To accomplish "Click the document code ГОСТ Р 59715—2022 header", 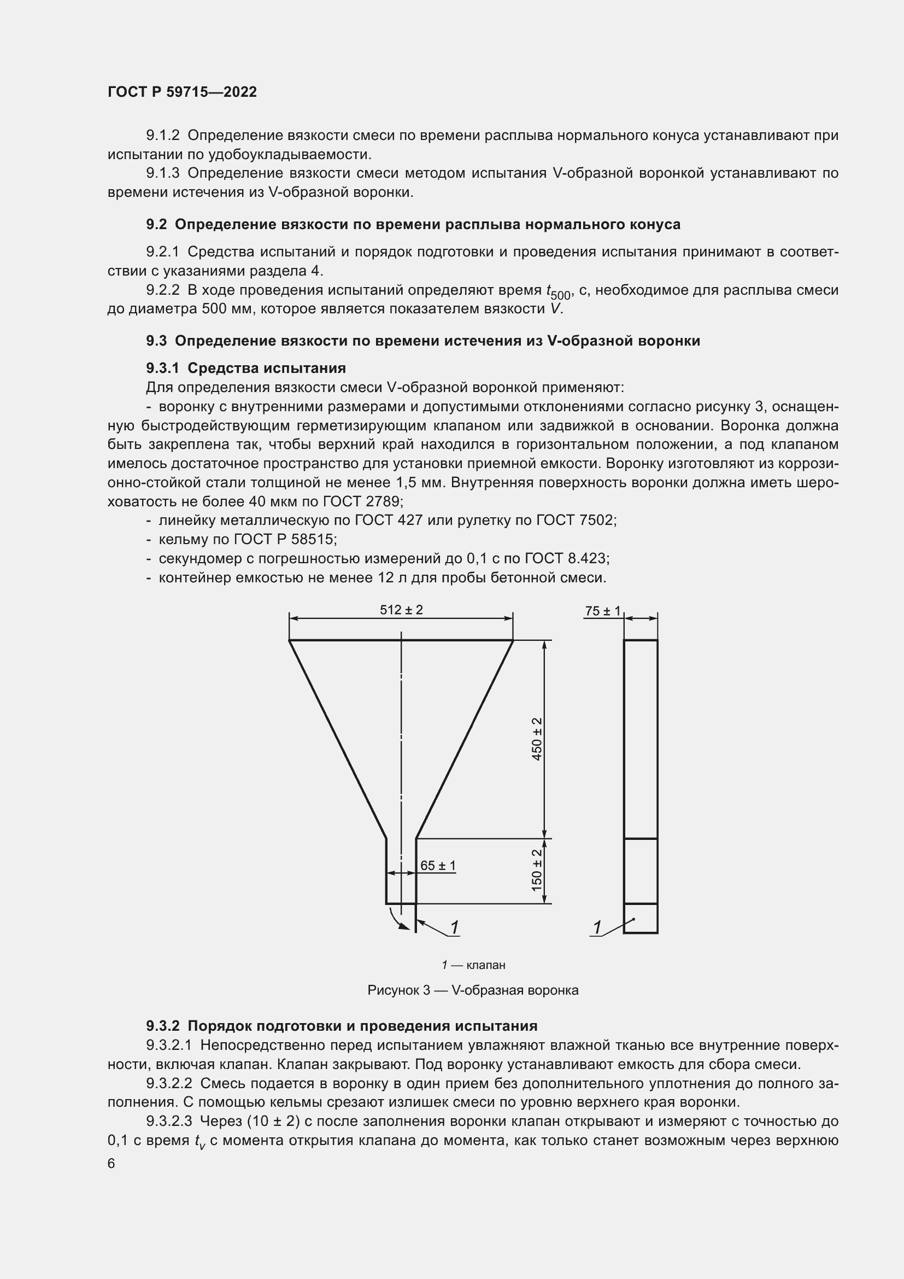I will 182,92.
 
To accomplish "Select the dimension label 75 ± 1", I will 602,611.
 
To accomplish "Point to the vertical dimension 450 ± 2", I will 537,739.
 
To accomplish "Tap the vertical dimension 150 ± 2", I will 537,869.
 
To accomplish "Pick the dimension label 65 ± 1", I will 438,865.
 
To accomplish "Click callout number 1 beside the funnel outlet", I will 454,927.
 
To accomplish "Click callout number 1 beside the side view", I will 597,927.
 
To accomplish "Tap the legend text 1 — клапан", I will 473,965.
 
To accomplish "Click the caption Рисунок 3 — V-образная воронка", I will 473,990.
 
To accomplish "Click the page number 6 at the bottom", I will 111,1164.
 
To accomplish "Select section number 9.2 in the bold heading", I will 156,225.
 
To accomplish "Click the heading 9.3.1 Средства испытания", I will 245,368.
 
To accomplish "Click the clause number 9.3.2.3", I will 169,1121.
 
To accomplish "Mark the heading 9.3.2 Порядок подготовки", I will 341,1026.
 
